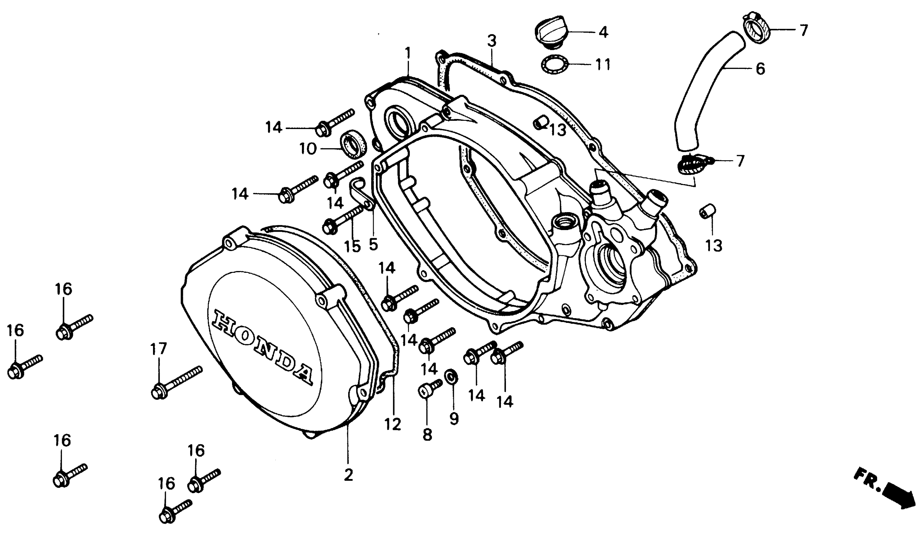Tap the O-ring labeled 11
tap(554, 65)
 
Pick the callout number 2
tap(348, 475)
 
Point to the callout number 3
tap(492, 41)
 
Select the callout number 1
tap(407, 53)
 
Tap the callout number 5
tap(373, 245)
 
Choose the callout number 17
tap(158, 349)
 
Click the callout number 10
tap(308, 149)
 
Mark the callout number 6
tap(761, 69)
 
